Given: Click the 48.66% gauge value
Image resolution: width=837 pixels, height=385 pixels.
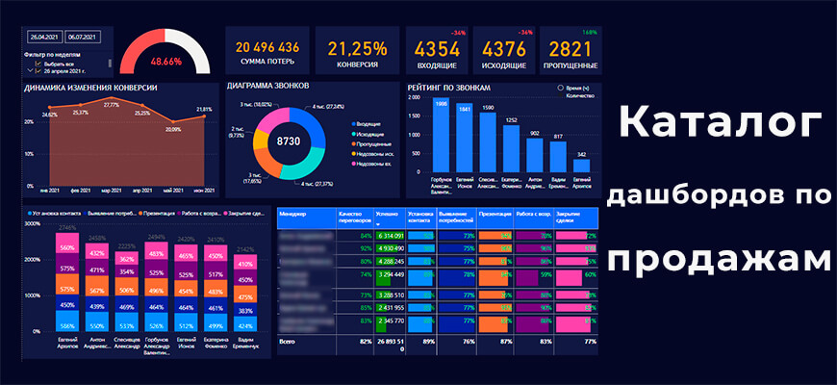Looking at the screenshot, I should (x=165, y=61).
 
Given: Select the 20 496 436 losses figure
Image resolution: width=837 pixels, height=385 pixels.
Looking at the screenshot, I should (x=266, y=47).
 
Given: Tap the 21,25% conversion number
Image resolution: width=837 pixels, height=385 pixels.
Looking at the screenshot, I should (x=357, y=48).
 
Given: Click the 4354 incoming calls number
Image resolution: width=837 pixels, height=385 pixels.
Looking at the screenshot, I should (x=438, y=48).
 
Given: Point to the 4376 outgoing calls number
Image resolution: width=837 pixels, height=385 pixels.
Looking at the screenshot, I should (x=503, y=48).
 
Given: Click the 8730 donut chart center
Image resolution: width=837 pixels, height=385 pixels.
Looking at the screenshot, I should (x=290, y=141).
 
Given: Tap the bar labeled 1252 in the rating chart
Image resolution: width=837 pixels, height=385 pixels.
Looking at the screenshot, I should (x=512, y=149).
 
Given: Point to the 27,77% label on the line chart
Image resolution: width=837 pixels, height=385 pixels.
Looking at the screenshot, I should (x=112, y=104).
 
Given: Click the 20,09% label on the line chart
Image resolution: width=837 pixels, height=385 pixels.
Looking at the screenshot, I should (x=173, y=128).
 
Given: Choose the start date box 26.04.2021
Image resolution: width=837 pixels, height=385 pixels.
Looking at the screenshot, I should (x=45, y=36).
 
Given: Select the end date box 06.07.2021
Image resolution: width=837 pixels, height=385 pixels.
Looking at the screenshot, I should (x=85, y=36).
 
